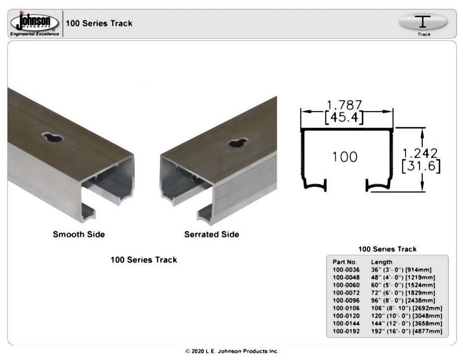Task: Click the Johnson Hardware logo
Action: coord(35,24)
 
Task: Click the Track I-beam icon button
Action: coord(423,23)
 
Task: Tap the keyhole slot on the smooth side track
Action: coord(53,137)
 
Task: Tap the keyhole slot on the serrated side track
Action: coord(238,143)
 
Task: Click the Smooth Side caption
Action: coord(79,234)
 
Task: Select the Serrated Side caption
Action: coord(212,234)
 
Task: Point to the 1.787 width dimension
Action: coord(344,105)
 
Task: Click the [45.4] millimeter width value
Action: coord(344,118)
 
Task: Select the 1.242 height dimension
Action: coord(420,153)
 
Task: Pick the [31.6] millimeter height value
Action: coord(421,166)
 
